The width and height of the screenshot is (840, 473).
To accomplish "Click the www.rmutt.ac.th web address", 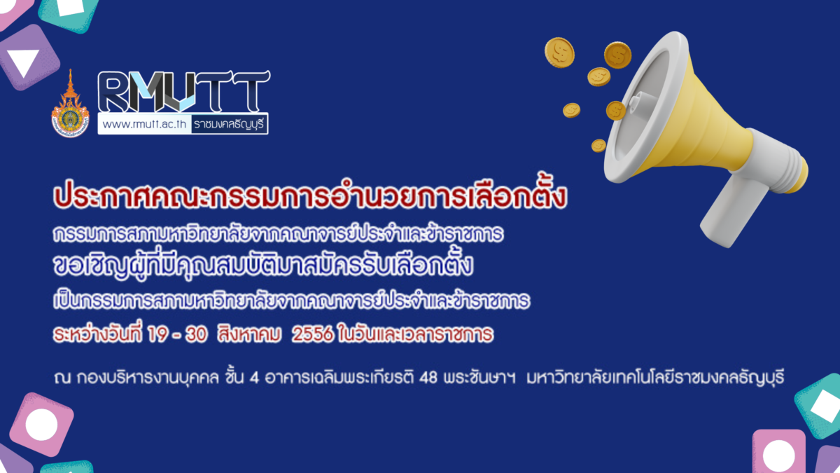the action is (144, 124).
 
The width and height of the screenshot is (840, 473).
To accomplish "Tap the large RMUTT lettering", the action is (183, 91).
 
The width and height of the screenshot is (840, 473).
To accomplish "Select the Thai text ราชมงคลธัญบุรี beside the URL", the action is (229, 124).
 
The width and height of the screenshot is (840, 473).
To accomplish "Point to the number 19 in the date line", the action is (157, 334).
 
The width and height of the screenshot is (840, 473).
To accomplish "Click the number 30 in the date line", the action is (196, 334).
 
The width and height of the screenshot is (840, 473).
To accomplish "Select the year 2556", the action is (312, 334).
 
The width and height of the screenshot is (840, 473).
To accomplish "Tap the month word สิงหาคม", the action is (249, 334).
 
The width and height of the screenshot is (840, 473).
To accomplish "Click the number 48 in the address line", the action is (428, 378).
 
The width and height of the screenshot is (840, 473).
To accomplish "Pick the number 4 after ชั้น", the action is (254, 378).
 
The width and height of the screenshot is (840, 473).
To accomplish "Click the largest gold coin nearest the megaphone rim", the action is (617, 55).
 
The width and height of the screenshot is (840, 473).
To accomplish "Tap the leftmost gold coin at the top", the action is (559, 53).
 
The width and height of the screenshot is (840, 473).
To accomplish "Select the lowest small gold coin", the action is (598, 146).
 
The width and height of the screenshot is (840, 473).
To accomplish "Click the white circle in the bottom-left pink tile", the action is (41, 425).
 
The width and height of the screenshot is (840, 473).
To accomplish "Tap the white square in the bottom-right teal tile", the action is (825, 406).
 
